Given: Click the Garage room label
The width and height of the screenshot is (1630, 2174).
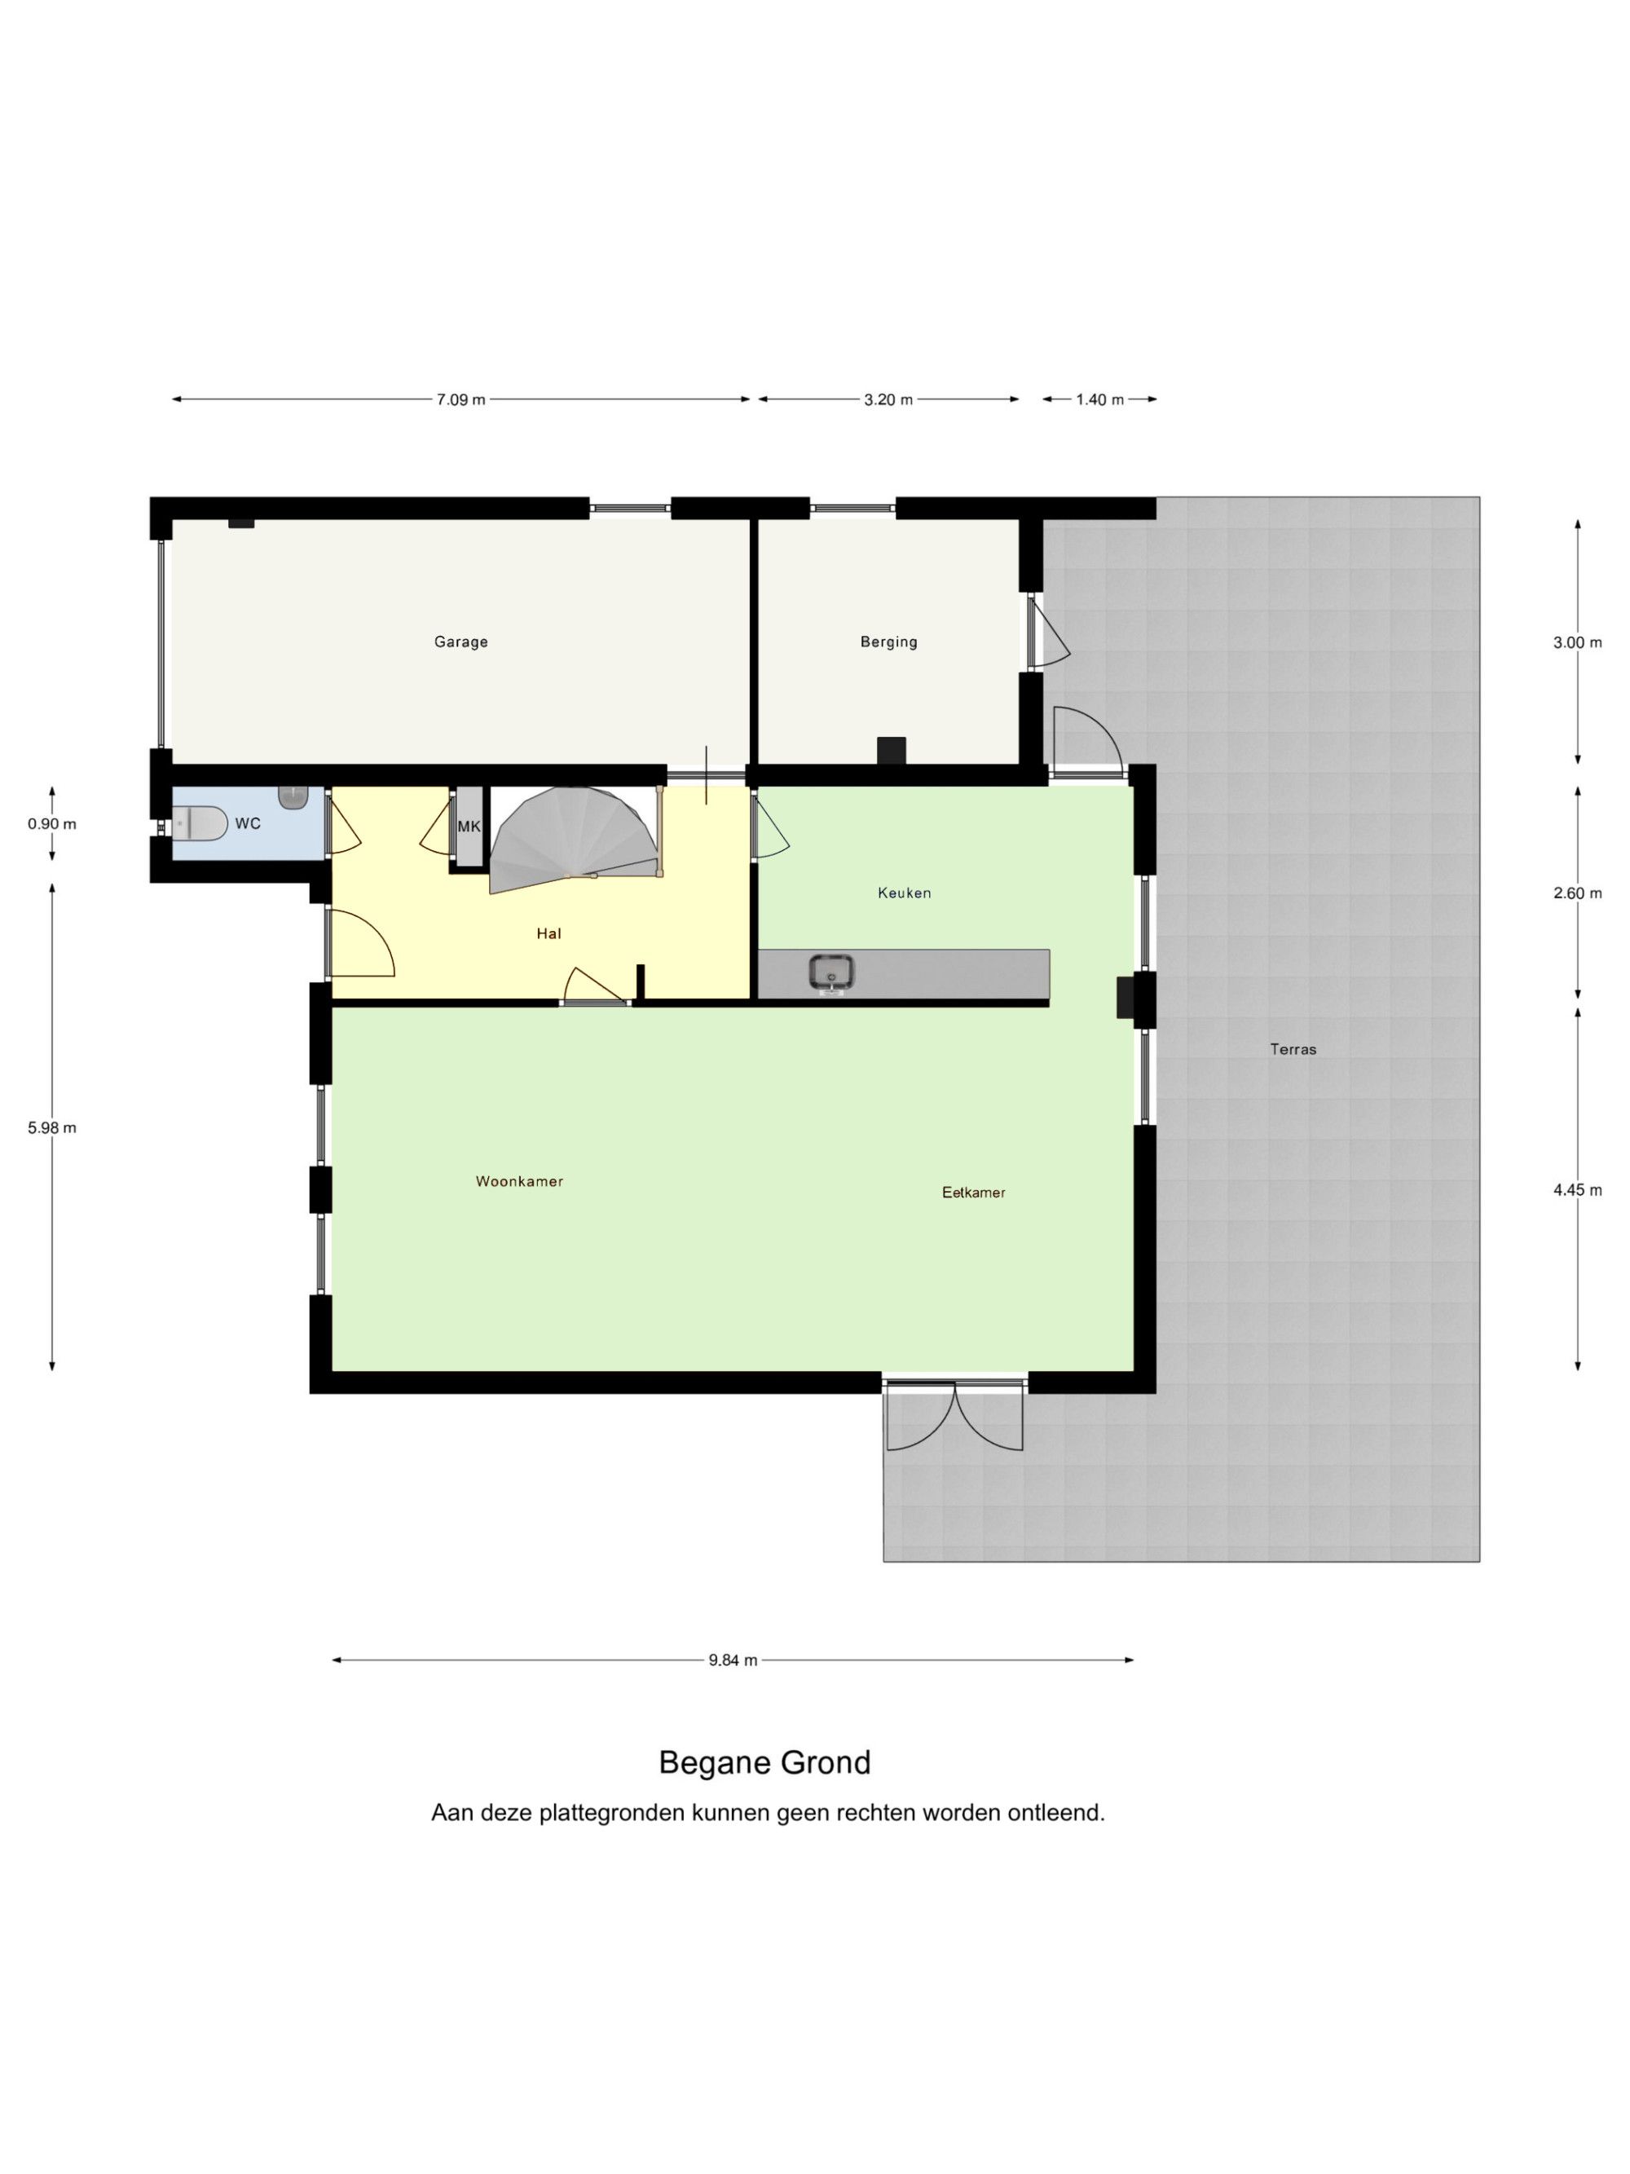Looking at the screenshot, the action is coord(460,642).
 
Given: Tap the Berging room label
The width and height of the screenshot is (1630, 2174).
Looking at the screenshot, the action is coord(888,642).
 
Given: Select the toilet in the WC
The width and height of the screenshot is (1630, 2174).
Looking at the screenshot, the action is coord(200,822).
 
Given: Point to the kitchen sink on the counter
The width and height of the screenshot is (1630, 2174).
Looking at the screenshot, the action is coord(831,973).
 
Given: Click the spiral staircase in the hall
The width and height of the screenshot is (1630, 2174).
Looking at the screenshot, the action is coord(574,840).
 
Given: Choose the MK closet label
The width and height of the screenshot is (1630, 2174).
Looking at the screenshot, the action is coord(469,827).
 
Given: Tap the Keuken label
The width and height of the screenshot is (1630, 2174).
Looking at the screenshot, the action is coord(904,893).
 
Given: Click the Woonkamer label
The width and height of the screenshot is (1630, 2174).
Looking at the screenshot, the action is coord(519,1181).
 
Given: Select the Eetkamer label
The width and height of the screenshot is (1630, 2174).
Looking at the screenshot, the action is coord(972,1193).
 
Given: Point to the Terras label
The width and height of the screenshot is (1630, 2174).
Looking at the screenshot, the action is coord(1292,1048).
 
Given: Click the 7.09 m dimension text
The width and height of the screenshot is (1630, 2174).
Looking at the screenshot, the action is coord(460,399).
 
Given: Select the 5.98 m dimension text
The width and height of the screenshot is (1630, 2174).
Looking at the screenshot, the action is coord(52,1127).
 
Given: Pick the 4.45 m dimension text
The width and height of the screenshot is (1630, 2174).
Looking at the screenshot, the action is coord(1577,1189).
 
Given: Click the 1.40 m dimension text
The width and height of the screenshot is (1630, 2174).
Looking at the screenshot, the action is coord(1099,399).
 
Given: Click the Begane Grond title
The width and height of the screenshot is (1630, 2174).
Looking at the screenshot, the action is coord(764,1762).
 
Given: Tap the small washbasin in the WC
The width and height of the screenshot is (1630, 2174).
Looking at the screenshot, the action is coord(293,796).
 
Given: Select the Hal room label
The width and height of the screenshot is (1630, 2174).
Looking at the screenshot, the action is coord(548,933).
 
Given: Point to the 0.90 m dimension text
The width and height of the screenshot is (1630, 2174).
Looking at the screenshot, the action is coord(52,823).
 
